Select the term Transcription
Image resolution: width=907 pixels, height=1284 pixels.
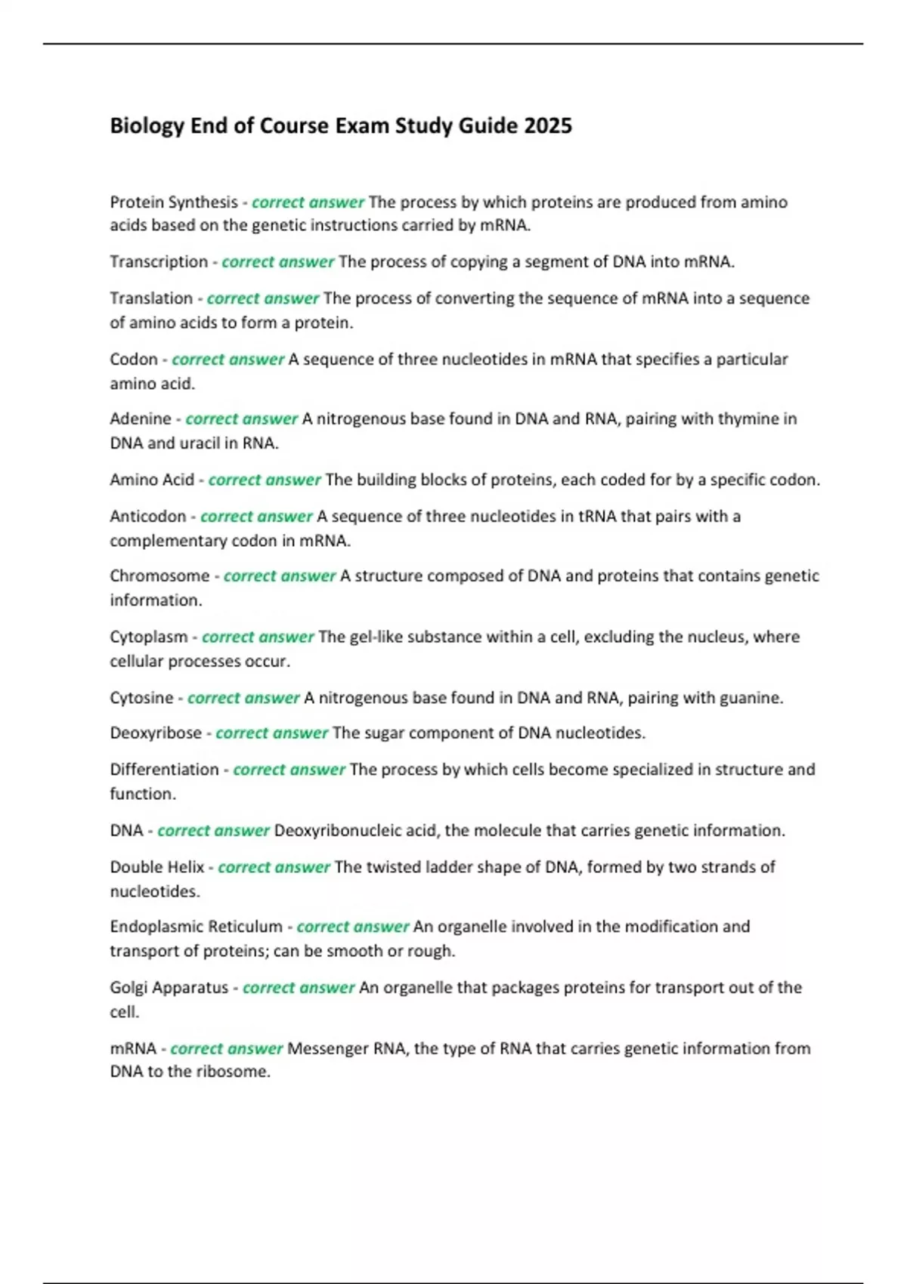tap(159, 262)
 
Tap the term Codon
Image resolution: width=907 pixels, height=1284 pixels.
tap(134, 360)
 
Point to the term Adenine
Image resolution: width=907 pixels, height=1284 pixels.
tap(141, 419)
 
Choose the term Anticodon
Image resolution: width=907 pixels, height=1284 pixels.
tap(148, 517)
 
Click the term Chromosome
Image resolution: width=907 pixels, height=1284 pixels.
tap(159, 576)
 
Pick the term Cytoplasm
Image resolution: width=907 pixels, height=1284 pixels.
tap(149, 637)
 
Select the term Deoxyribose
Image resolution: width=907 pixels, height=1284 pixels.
tap(156, 733)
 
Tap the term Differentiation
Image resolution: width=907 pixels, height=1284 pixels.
tap(164, 770)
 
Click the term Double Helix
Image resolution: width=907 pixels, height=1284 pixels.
tap(157, 867)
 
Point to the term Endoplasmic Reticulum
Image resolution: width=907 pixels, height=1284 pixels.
tap(196, 927)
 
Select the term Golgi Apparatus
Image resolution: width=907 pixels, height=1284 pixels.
tap(169, 988)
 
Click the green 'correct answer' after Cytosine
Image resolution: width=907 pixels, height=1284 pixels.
tap(243, 698)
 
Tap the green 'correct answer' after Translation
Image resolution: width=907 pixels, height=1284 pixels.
tap(263, 298)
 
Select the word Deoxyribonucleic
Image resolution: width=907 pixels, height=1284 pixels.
tap(337, 831)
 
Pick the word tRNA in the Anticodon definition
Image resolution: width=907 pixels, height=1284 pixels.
tap(597, 517)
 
